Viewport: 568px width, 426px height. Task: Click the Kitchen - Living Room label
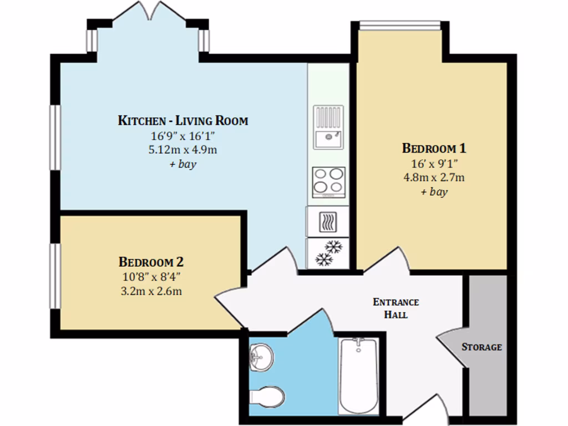pos(183,120)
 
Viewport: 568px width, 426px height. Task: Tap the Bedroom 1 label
pos(434,149)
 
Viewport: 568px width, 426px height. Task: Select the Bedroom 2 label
pos(151,261)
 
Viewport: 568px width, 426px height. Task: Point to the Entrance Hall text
pos(396,308)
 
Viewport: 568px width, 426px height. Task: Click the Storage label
pos(481,347)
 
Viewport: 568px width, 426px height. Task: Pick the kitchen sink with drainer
pos(328,128)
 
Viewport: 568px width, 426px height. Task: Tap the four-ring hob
pos(328,182)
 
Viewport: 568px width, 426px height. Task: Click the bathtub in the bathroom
pos(358,374)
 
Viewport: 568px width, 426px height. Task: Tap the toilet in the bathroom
pos(268,397)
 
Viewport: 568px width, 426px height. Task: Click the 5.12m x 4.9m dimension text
pos(183,150)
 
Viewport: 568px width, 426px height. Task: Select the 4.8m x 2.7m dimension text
pos(434,177)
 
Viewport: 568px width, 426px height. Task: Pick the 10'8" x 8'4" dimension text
pos(151,276)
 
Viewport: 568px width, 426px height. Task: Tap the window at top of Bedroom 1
pos(399,25)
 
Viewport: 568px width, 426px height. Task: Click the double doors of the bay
pos(149,11)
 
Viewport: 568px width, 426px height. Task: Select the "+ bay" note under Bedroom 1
pos(434,192)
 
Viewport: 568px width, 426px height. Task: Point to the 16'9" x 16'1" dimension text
pos(183,135)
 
